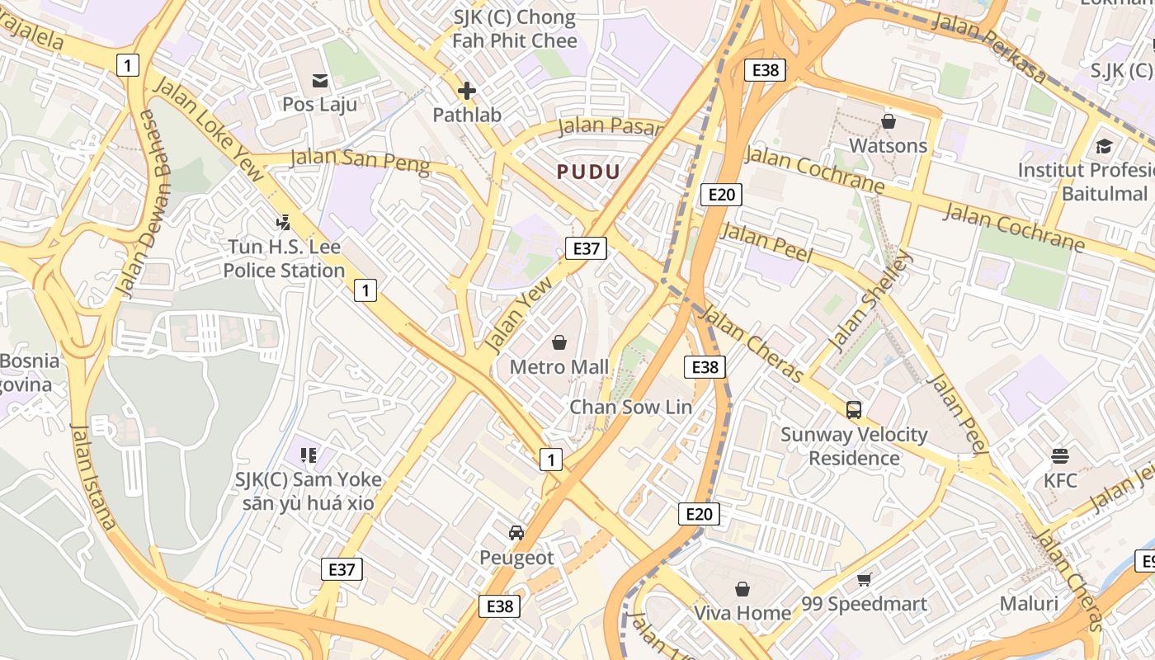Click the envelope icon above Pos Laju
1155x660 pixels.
[319, 80]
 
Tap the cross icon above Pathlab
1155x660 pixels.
[467, 91]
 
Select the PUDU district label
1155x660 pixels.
[588, 172]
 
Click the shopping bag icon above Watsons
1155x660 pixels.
[889, 121]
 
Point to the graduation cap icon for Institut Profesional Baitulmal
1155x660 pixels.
[1104, 146]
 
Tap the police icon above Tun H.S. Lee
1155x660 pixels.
[284, 222]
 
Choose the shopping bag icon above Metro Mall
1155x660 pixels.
[559, 342]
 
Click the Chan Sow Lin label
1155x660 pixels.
[631, 407]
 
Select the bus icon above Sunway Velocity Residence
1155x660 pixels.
[854, 409]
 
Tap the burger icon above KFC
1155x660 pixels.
[1060, 455]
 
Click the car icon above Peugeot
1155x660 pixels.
[516, 533]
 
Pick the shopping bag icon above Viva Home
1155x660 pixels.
[742, 589]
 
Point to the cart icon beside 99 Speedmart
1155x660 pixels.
[864, 579]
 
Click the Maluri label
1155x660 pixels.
[1029, 603]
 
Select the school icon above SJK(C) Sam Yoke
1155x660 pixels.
[309, 455]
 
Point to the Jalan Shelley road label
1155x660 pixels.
[871, 300]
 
